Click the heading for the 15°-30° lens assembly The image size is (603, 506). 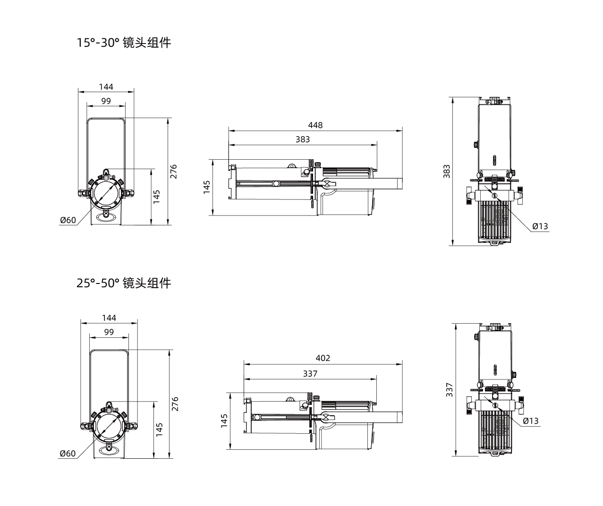point(124,43)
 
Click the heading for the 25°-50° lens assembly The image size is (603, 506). point(124,283)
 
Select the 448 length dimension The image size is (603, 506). point(315,125)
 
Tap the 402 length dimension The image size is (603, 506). point(323,358)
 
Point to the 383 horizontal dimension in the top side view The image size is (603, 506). point(303,139)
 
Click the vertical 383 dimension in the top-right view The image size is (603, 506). point(447,171)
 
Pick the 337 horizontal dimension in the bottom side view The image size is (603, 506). point(310,374)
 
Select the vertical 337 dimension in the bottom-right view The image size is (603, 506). point(450,390)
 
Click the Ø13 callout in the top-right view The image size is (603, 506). point(540,226)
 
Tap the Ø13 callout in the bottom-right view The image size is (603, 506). point(531,421)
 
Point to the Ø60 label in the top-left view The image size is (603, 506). point(68,220)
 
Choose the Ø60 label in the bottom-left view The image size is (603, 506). point(68,454)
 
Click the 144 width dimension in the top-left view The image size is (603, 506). point(106,87)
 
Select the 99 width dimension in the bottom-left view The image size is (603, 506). point(109,332)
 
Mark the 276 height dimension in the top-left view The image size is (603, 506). point(173,171)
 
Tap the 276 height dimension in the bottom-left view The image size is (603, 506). point(175,404)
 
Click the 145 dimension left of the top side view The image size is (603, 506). point(206,187)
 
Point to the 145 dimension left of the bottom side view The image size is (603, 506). point(224,421)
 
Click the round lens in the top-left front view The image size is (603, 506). point(106,192)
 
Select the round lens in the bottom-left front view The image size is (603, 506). point(109,425)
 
